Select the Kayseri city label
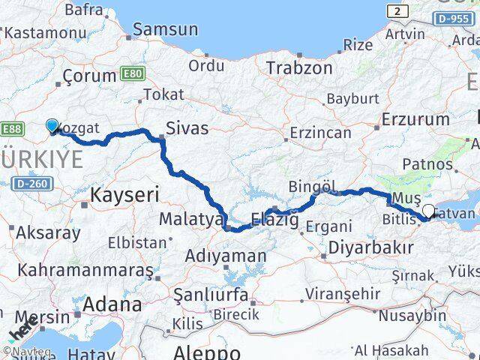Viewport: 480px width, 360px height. coord(124,196)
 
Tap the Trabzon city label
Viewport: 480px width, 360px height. coord(299,67)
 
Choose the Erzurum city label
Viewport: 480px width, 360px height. coord(415,119)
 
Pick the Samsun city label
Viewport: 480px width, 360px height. coord(166,30)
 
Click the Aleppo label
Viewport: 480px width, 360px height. coord(207,352)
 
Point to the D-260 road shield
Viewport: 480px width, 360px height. coord(28,182)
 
